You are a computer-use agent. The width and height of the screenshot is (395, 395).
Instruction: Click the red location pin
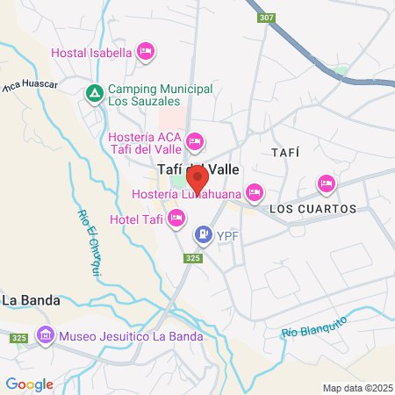click(x=197, y=179)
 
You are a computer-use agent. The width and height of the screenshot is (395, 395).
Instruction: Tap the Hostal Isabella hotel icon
click(x=147, y=53)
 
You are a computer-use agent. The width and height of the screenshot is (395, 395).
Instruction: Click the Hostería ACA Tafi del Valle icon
click(x=195, y=140)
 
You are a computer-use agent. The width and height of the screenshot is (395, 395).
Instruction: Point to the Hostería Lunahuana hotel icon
click(x=255, y=191)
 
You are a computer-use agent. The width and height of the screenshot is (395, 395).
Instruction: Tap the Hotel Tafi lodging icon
click(x=176, y=218)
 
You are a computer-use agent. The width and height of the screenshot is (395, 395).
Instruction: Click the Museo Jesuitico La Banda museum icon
click(x=45, y=335)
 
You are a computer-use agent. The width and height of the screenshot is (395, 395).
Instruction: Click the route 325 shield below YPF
click(x=194, y=258)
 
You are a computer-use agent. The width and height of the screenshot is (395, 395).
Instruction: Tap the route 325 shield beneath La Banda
click(x=18, y=337)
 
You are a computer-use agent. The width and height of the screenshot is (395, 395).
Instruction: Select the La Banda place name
click(x=31, y=300)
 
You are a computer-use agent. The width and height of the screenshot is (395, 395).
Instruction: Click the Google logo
click(x=30, y=384)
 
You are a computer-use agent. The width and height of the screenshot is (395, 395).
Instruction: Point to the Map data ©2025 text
click(x=355, y=388)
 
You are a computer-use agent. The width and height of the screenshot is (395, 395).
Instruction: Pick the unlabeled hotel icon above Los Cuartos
click(x=326, y=183)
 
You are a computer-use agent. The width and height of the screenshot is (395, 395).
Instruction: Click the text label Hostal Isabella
click(x=91, y=53)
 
